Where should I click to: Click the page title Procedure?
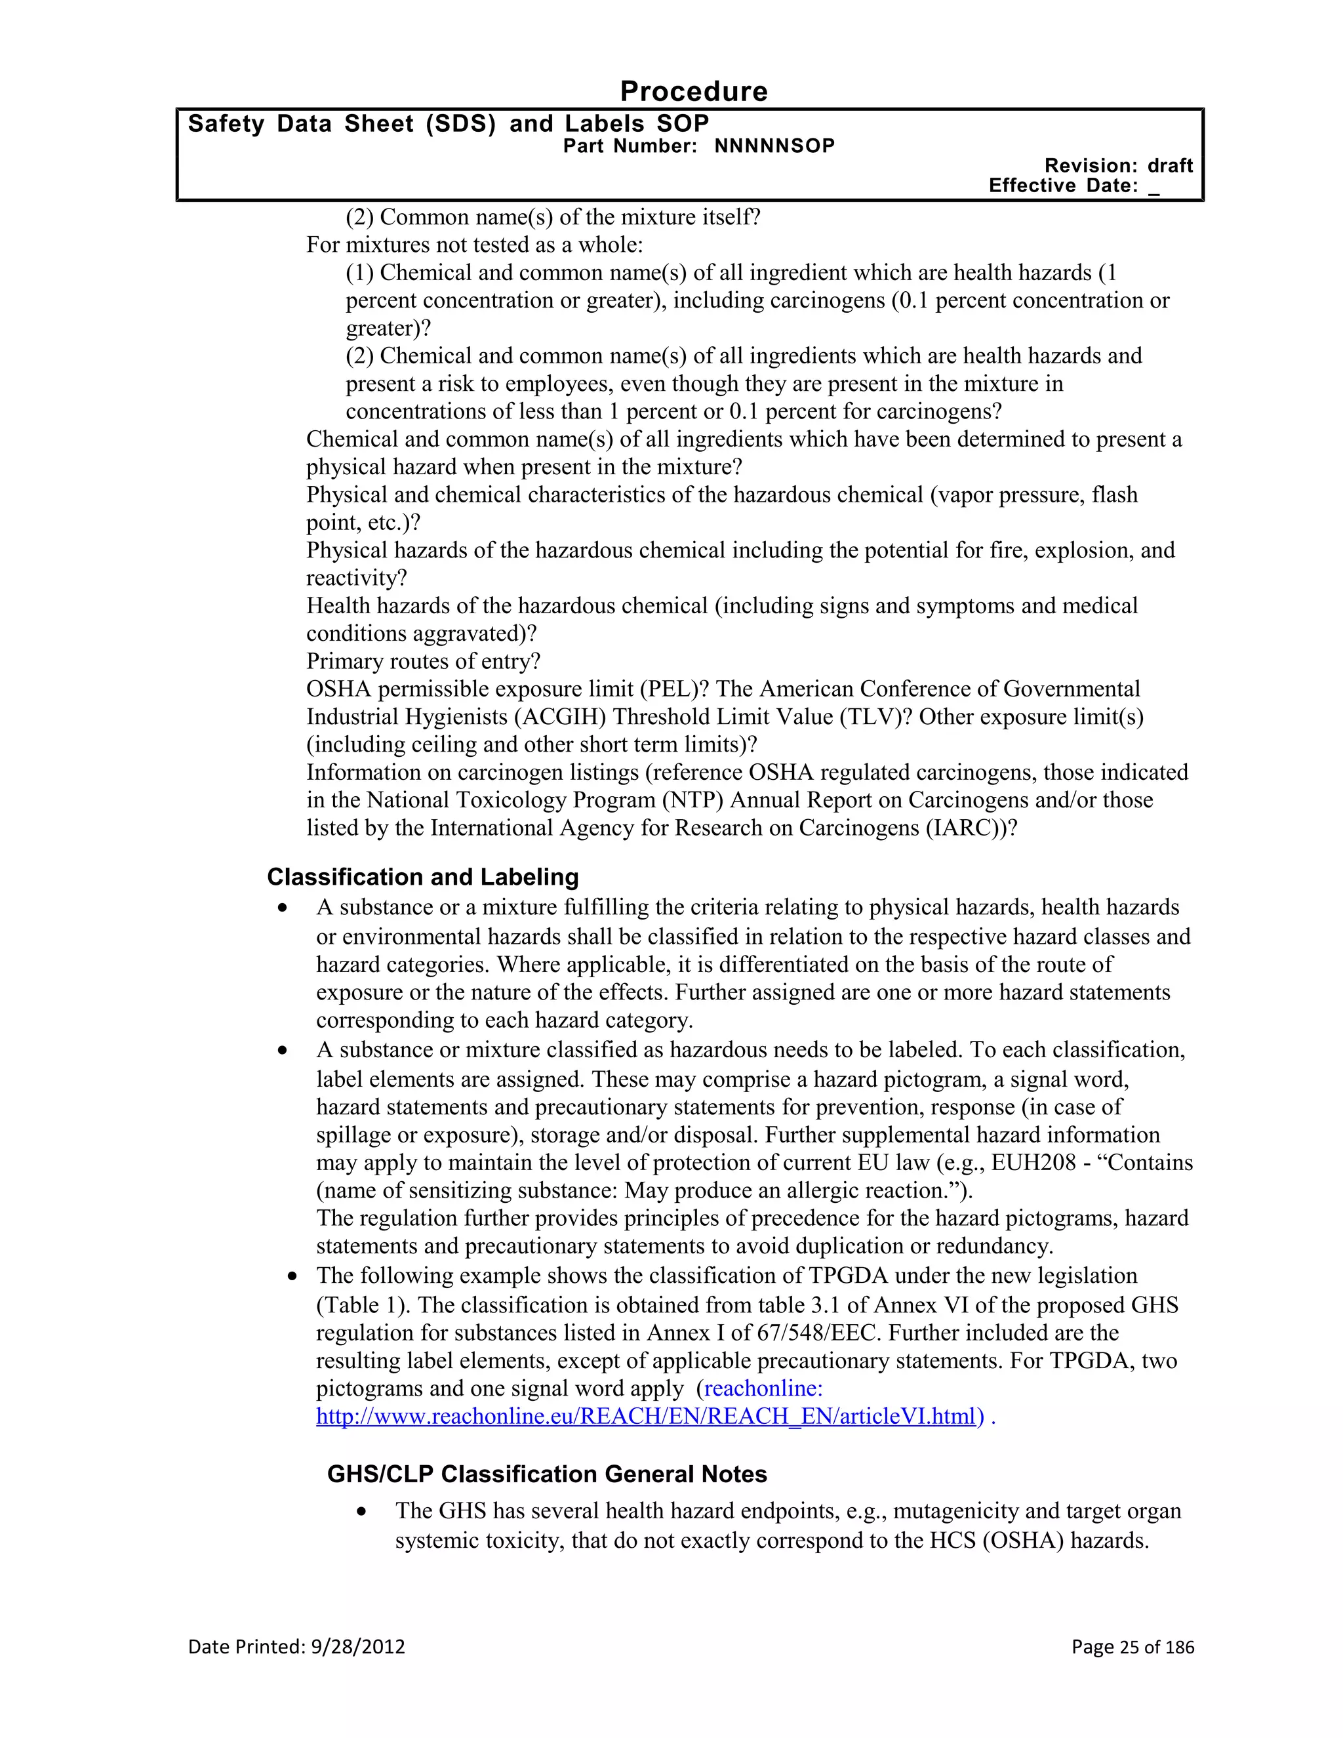pyautogui.click(x=693, y=92)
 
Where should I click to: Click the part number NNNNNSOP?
pyautogui.click(x=774, y=146)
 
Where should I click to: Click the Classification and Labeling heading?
pyautogui.click(x=422, y=877)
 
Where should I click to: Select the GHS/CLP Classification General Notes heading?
pyautogui.click(x=547, y=1474)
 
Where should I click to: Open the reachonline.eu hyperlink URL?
pyautogui.click(x=645, y=1416)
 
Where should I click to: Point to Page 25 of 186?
pyautogui.click(x=1132, y=1646)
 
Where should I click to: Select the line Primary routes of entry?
pyautogui.click(x=423, y=661)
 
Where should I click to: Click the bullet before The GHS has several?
pyautogui.click(x=363, y=1511)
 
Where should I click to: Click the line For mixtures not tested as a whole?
pyautogui.click(x=474, y=245)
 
